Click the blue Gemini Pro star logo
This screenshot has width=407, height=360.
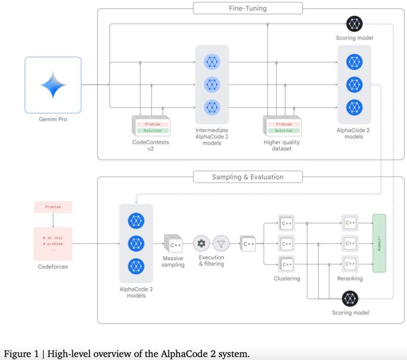(53, 84)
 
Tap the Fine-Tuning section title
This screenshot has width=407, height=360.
(248, 8)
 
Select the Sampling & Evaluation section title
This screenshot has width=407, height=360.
(248, 177)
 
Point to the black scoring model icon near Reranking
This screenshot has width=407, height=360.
(350, 298)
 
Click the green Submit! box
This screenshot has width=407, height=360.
(379, 243)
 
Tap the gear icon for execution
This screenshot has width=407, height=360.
(201, 244)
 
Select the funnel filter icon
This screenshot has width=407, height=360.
(221, 244)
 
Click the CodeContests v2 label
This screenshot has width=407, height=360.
(150, 146)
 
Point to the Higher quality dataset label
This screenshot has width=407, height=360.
(281, 146)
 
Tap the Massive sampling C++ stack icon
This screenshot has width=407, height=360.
(174, 245)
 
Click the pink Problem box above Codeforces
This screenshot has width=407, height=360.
(53, 207)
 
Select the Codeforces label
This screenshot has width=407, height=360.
(53, 266)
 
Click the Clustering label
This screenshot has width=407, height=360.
(287, 278)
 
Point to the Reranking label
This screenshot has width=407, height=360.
(350, 278)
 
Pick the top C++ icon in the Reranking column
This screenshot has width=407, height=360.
(350, 223)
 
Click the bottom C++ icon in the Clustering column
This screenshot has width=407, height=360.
(286, 264)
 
